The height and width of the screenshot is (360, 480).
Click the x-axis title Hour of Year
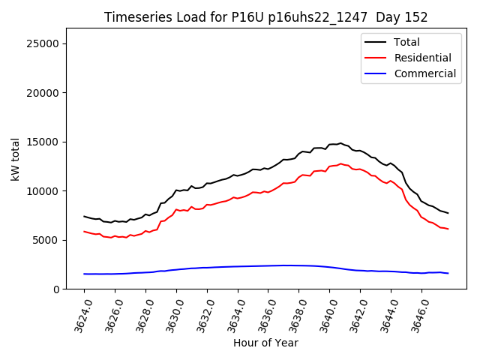click(x=265, y=343)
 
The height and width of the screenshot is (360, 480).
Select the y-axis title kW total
click(x=15, y=159)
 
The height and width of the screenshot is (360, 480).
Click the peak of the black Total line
click(x=340, y=143)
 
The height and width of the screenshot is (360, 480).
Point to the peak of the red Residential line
click(x=340, y=163)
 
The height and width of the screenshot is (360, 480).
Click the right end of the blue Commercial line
click(x=448, y=273)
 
